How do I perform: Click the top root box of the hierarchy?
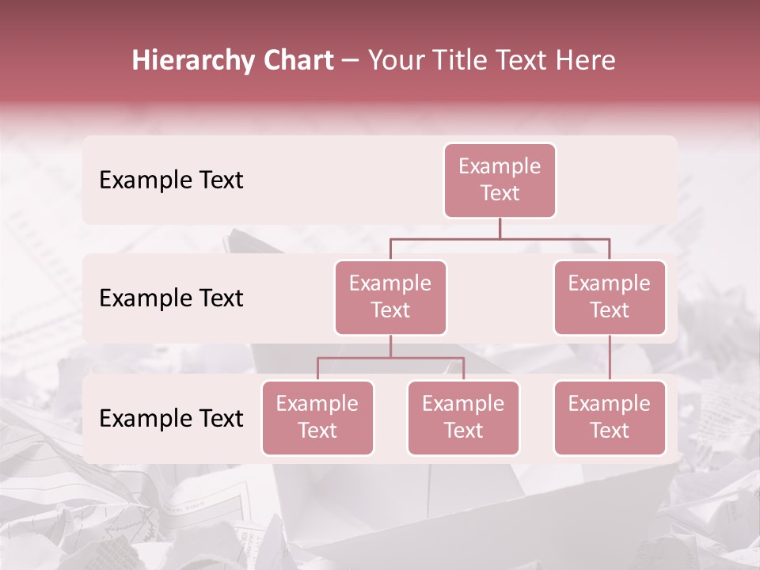pos(500,180)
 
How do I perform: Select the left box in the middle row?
pos(390,297)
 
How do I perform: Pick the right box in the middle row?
pos(610,297)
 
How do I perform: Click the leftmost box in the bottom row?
pos(317,418)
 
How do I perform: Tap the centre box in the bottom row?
pos(463,418)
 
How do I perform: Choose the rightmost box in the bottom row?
pos(610,418)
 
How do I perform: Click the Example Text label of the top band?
pos(171,180)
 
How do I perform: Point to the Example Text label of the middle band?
pos(171,298)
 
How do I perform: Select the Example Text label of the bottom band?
pos(171,419)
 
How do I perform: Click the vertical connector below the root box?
pos(500,228)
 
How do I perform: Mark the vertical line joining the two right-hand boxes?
pos(610,358)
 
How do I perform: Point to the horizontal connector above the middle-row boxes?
pos(500,238)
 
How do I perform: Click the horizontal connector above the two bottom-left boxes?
pos(390,358)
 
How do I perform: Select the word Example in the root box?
pos(500,167)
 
